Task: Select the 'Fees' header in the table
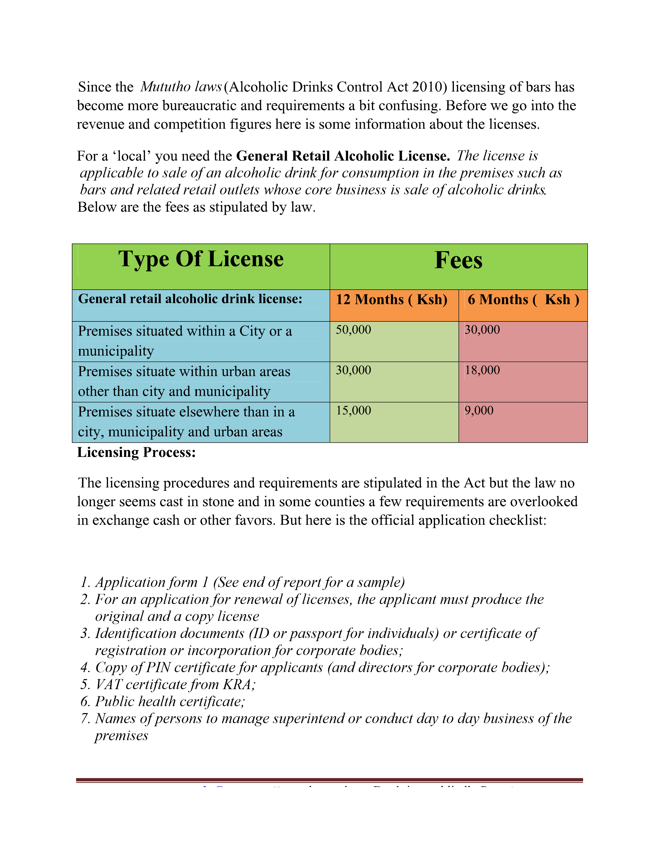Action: pos(458,260)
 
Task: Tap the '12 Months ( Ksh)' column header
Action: pos(392,299)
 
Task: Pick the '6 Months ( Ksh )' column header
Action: pos(523,299)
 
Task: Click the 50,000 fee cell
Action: pos(353,330)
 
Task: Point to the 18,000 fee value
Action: pos(482,370)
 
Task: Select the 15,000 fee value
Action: pos(353,411)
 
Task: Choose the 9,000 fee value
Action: pos(479,411)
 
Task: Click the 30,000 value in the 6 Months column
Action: pos(482,330)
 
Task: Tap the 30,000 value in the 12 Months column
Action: pos(353,370)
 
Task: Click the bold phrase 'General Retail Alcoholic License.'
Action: pos(343,156)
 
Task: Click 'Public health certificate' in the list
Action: pos(170,701)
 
